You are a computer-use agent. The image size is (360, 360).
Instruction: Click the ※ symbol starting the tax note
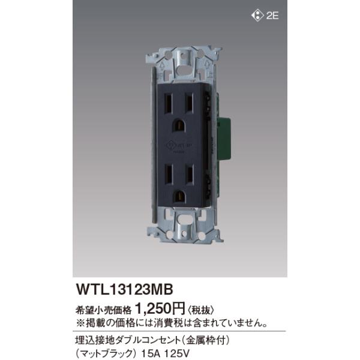coord(76,323)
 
